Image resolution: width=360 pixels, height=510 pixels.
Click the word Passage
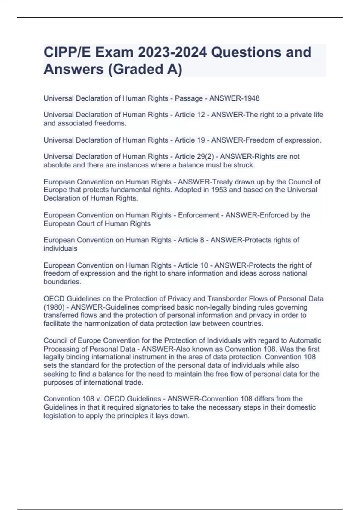click(x=188, y=98)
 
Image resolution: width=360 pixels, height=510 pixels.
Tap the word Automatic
click(x=305, y=341)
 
